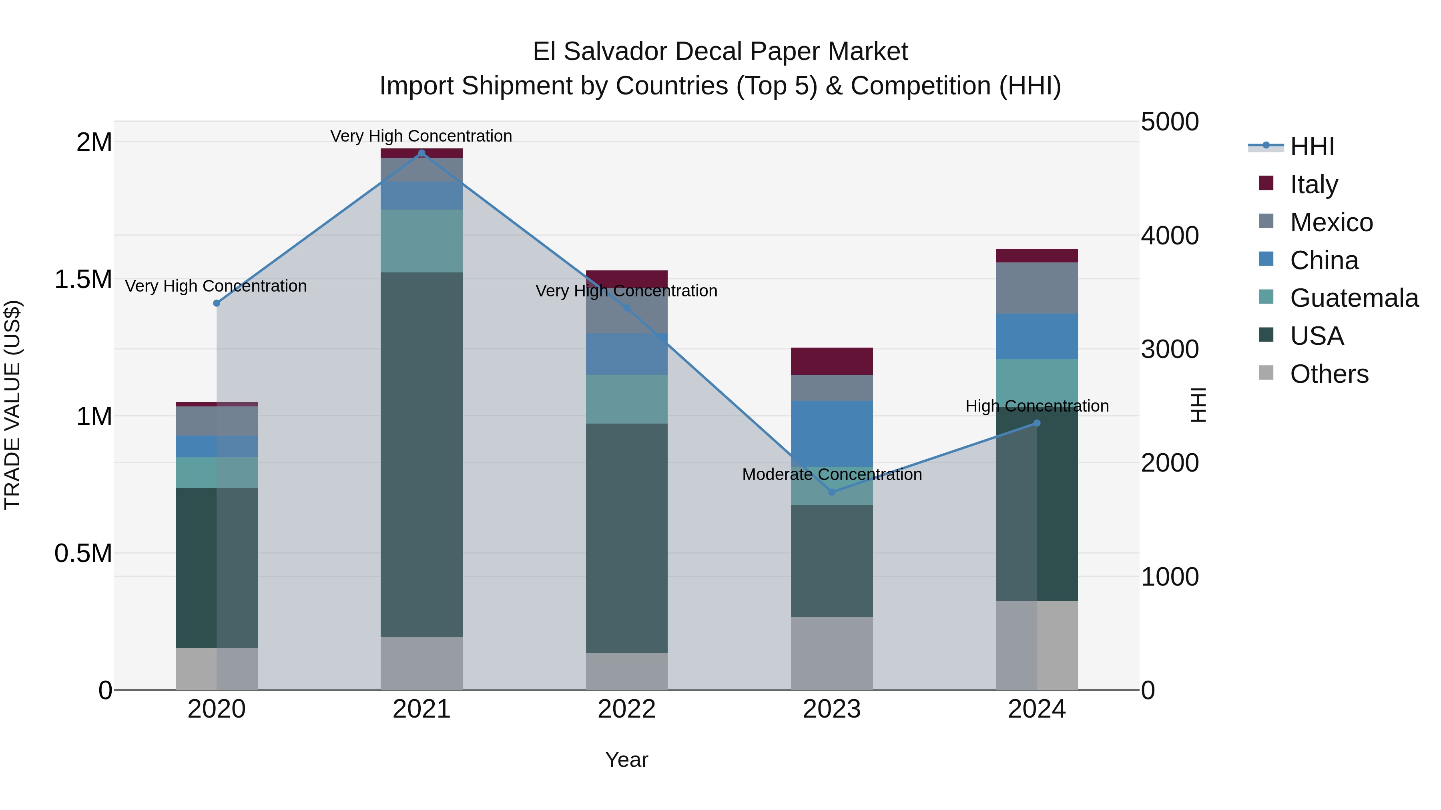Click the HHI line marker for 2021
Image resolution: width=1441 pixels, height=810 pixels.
[x=422, y=153]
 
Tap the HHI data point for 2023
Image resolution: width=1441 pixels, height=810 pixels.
[x=832, y=492]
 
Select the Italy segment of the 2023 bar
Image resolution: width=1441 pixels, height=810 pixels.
[x=832, y=361]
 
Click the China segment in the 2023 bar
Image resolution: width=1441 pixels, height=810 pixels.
[x=832, y=433]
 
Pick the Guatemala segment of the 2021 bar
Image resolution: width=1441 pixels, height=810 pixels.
[x=422, y=241]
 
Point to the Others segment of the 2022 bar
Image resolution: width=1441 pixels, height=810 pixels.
[x=626, y=671]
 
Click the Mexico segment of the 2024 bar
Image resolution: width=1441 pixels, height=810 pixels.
[x=1037, y=288]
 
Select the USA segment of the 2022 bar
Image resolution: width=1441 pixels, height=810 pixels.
[x=626, y=538]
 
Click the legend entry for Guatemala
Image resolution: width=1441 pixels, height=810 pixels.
[x=1354, y=298]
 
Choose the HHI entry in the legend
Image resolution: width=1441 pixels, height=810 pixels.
[x=1312, y=146]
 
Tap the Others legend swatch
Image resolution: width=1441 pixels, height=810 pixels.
[x=1266, y=373]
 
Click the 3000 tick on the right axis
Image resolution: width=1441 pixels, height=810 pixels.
[x=1170, y=349]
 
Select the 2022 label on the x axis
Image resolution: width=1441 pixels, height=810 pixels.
[x=626, y=709]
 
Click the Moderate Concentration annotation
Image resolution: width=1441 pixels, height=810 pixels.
[x=832, y=474]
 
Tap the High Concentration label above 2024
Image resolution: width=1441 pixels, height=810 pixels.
[x=1037, y=406]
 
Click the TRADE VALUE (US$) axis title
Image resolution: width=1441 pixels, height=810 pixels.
[x=12, y=405]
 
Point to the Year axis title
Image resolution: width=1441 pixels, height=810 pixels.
[x=626, y=760]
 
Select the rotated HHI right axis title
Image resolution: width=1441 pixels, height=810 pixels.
[x=1198, y=405]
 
